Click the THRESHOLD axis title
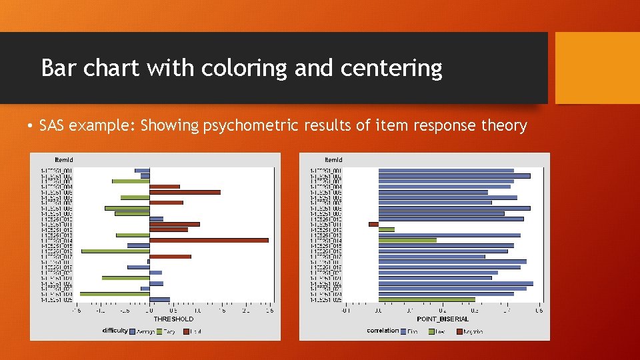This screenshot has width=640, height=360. tap(173, 319)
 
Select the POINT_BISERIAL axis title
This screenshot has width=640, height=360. tap(442, 319)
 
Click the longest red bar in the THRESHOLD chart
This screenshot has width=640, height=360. tap(209, 240)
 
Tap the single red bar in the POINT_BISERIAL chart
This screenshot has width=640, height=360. tap(373, 224)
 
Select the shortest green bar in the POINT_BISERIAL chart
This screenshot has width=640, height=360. tap(386, 229)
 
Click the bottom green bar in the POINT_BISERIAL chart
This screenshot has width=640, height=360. tap(427, 299)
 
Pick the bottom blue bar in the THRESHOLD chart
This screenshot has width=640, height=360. tap(159, 299)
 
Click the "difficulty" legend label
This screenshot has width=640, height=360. tap(115, 330)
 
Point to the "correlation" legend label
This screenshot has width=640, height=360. tap(383, 330)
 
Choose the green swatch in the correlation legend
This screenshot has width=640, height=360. tap(431, 331)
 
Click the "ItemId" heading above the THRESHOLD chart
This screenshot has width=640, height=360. tap(64, 160)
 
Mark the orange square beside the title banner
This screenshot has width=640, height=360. tap(597, 68)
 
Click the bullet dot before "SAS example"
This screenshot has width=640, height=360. tap(31, 126)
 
